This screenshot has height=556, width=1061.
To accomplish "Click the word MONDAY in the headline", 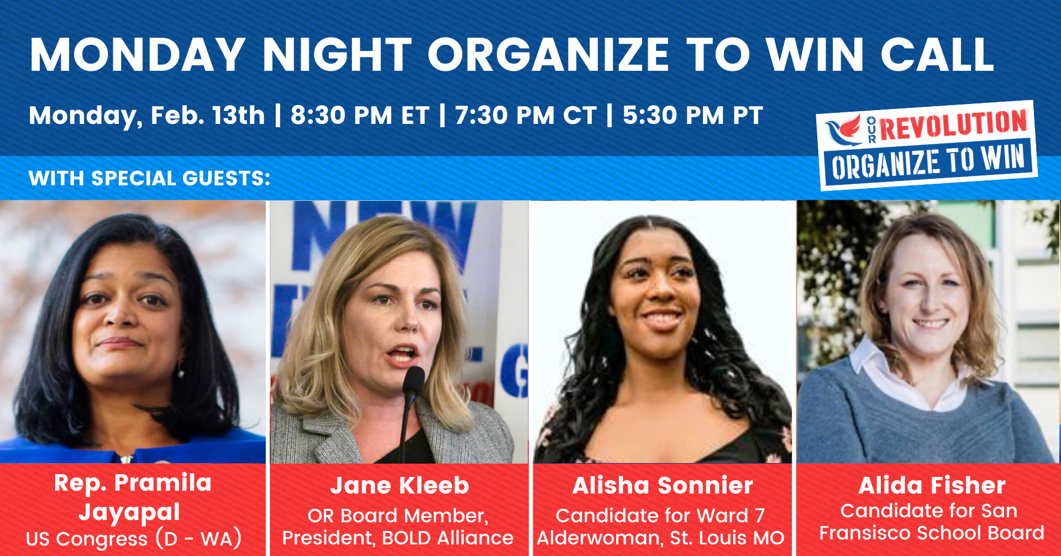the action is (x=138, y=55).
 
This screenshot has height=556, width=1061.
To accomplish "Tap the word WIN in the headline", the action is (x=815, y=55).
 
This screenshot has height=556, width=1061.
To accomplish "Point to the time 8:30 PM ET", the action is (x=360, y=116).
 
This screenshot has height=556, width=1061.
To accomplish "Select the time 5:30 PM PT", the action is (x=693, y=116).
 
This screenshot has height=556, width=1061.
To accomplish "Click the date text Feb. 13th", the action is (x=208, y=116).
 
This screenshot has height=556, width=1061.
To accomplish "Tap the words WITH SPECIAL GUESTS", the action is (x=149, y=179).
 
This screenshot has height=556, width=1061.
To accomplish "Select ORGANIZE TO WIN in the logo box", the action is (x=928, y=162).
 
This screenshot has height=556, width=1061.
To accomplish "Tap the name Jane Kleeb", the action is (x=400, y=486).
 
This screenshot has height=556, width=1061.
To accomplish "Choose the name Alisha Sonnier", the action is (x=663, y=486).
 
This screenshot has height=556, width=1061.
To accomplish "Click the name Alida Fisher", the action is (x=932, y=486).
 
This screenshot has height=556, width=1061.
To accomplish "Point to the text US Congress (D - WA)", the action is (x=134, y=538).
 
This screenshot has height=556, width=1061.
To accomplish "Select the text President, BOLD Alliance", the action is (x=398, y=538).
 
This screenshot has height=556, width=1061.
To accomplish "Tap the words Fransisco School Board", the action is (x=932, y=533).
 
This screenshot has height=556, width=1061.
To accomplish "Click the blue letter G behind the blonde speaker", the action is (x=514, y=371).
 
